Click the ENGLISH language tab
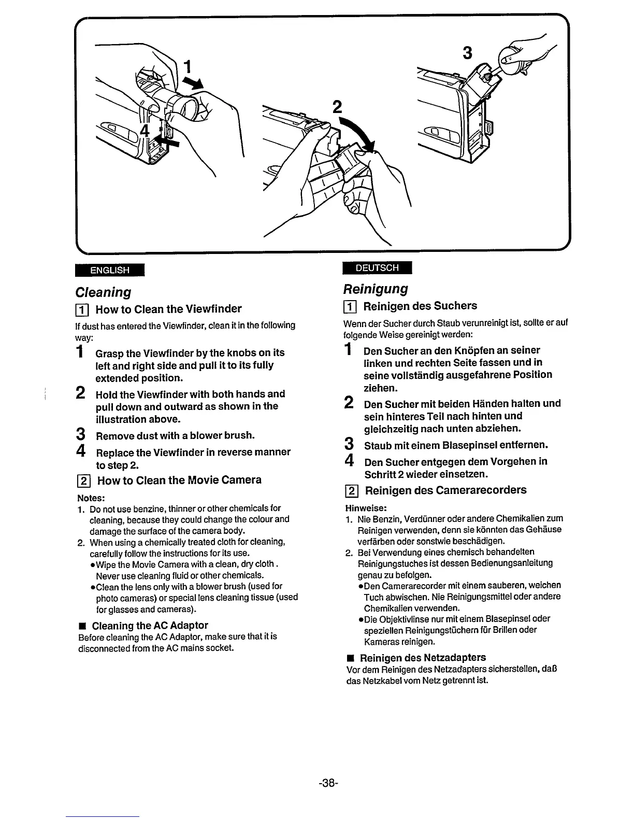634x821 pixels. point(109,270)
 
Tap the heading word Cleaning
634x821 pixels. point(103,292)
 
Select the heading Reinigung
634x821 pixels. point(376,289)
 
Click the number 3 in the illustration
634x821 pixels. point(468,54)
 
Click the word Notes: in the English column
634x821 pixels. point(91,498)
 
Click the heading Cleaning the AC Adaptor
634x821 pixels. point(150,625)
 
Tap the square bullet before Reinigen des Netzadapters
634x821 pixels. point(351,658)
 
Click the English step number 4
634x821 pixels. point(80,451)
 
